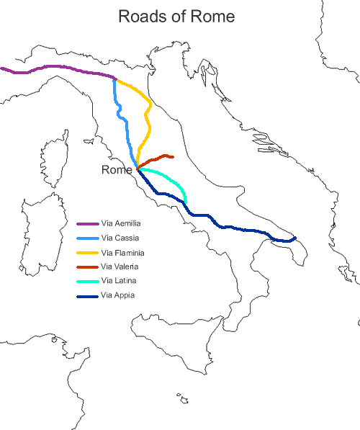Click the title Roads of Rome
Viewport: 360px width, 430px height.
[x=176, y=16]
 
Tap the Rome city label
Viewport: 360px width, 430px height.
[x=117, y=170]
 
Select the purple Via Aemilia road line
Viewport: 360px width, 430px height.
[x=58, y=67]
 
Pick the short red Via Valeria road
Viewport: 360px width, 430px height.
[x=155, y=158]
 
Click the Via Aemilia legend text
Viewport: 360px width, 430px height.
[x=126, y=225]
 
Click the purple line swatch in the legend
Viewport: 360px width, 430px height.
[x=87, y=225]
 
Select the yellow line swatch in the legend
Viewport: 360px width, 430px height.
[x=87, y=253]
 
